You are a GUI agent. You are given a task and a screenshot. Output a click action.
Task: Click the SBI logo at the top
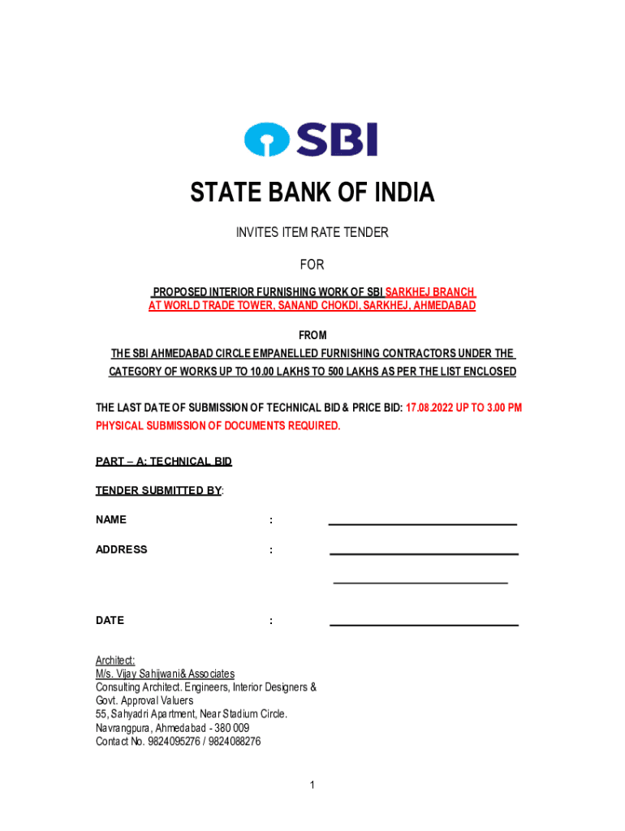click(311, 140)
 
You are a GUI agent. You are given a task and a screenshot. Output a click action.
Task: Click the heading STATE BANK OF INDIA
click(312, 193)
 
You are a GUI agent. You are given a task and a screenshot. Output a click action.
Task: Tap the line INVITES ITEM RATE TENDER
click(312, 233)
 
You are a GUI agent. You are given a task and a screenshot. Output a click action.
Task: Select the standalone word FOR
click(312, 265)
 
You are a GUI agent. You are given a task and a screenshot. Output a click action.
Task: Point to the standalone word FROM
click(312, 336)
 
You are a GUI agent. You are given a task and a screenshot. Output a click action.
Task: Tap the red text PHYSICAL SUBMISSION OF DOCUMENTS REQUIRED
click(218, 426)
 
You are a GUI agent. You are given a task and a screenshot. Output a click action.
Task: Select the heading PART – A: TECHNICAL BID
click(164, 462)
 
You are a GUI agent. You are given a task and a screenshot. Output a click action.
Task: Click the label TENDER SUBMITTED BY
click(158, 491)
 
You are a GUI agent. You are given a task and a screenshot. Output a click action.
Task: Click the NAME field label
click(111, 520)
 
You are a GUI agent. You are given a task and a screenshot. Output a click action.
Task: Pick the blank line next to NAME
click(422, 523)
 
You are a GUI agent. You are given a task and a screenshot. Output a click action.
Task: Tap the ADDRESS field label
click(122, 549)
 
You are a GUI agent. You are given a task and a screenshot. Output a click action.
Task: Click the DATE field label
click(110, 621)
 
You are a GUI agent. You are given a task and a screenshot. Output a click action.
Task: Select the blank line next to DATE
click(424, 624)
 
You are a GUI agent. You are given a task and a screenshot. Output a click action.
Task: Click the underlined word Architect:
click(115, 661)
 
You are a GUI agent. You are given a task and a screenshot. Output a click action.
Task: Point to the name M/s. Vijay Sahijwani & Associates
click(165, 674)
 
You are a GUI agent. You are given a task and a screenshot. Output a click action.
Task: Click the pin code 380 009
click(231, 728)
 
